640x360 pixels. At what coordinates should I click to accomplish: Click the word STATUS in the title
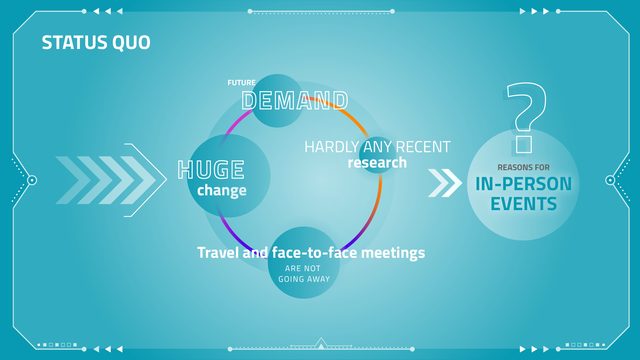coord(75,43)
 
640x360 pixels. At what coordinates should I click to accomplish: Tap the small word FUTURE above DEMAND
coord(242,83)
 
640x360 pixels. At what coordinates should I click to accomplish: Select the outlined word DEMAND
coord(295,101)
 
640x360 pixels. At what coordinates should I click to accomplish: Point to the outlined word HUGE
coord(211,170)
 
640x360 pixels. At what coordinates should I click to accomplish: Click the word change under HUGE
coord(222,190)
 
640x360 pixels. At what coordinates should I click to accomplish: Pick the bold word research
coord(377,163)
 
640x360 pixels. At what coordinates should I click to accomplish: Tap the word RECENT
coord(423,147)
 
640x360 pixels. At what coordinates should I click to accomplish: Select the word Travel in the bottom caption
coord(218,252)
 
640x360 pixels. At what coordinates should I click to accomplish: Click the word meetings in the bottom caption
coord(393,253)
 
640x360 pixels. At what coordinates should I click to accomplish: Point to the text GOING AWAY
coord(304,279)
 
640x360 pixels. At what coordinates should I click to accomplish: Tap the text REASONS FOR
coord(523,168)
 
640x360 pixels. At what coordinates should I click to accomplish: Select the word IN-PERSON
coord(523,184)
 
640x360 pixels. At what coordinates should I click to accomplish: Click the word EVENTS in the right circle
coord(523,204)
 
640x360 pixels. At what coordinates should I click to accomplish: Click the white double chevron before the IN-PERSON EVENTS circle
coord(445,183)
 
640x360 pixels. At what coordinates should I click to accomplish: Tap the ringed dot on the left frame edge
coord(32,180)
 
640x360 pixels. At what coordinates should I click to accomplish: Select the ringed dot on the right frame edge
coord(610,180)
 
